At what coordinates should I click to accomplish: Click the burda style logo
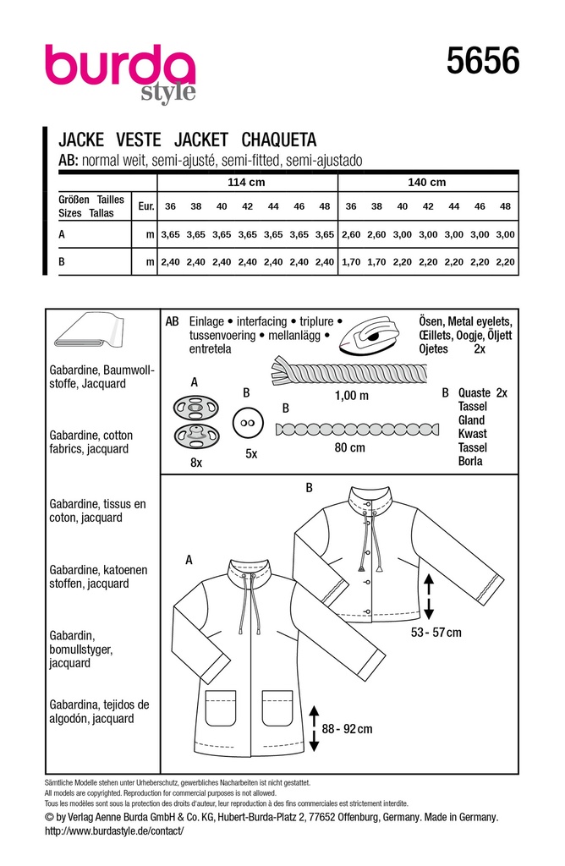click(119, 71)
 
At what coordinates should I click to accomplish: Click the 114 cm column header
click(247, 183)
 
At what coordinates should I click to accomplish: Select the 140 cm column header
click(426, 183)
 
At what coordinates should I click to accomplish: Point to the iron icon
click(369, 336)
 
